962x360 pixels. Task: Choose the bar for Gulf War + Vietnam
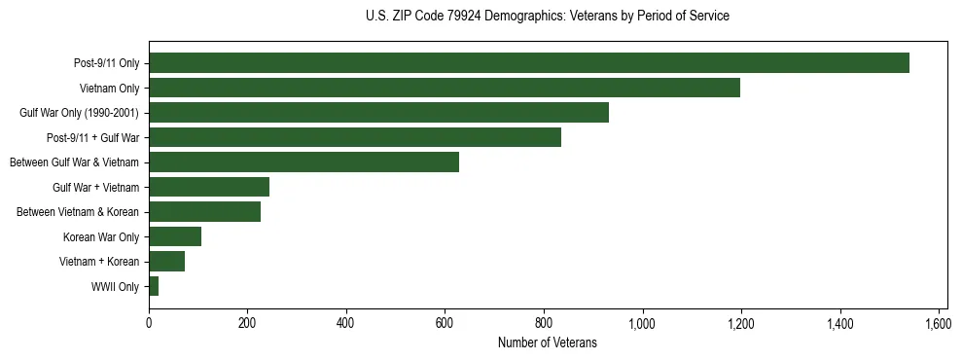(209, 187)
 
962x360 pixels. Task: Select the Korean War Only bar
(175, 236)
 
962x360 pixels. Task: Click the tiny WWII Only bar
(154, 286)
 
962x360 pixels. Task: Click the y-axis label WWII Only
(115, 287)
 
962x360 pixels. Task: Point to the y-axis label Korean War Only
(101, 237)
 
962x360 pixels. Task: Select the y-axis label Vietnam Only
(109, 89)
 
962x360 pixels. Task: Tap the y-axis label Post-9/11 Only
(106, 64)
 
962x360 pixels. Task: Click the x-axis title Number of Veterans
(547, 342)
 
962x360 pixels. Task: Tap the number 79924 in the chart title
(459, 17)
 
